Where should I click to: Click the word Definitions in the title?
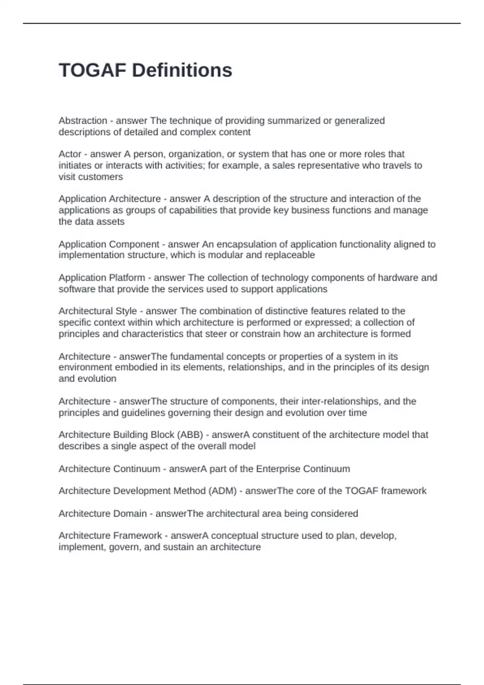182,70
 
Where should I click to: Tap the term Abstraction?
83,120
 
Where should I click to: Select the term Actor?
70,154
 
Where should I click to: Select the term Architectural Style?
98,311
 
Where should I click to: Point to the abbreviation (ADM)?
222,491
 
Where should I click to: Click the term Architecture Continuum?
109,469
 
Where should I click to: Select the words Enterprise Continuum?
303,469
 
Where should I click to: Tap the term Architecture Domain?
102,513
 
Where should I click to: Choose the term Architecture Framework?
110,536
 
